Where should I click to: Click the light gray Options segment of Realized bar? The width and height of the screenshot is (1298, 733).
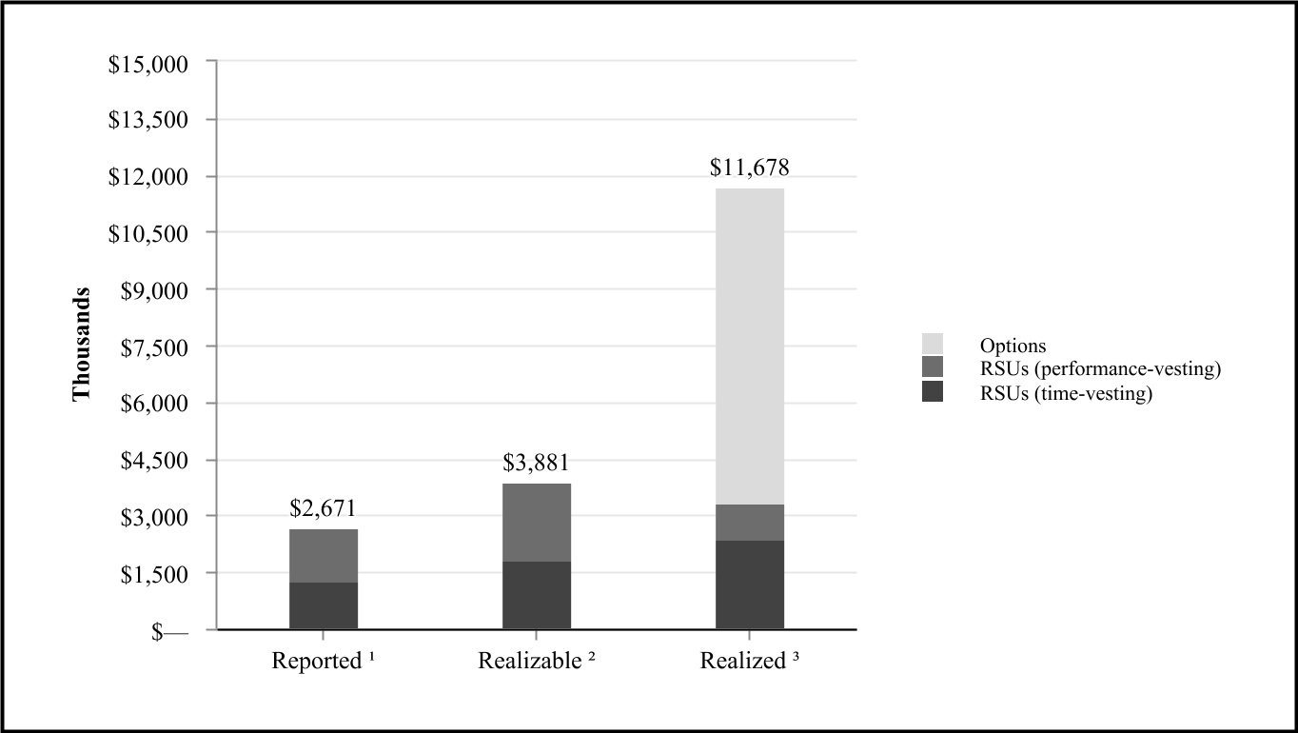pos(750,347)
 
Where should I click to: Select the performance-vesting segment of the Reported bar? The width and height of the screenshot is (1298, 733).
pos(324,556)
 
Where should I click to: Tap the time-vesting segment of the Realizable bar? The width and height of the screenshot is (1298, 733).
pos(537,595)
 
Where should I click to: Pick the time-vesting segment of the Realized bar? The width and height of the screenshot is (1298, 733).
pos(750,584)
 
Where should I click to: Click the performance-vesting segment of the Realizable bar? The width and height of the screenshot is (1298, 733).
pos(537,523)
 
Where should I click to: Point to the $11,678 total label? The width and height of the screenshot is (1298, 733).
pos(750,168)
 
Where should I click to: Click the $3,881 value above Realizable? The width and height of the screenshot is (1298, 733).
pos(537,464)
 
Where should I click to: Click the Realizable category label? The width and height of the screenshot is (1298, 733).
pos(537,661)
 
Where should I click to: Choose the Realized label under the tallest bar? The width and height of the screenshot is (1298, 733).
pos(749,661)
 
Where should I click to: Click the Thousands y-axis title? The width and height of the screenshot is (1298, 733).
pos(83,344)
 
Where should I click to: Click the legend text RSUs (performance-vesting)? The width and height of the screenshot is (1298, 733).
pos(1100,369)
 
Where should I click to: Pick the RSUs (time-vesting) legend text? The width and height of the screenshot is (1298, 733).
pos(1066,393)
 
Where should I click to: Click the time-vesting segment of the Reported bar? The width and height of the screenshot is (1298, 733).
pos(324,605)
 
